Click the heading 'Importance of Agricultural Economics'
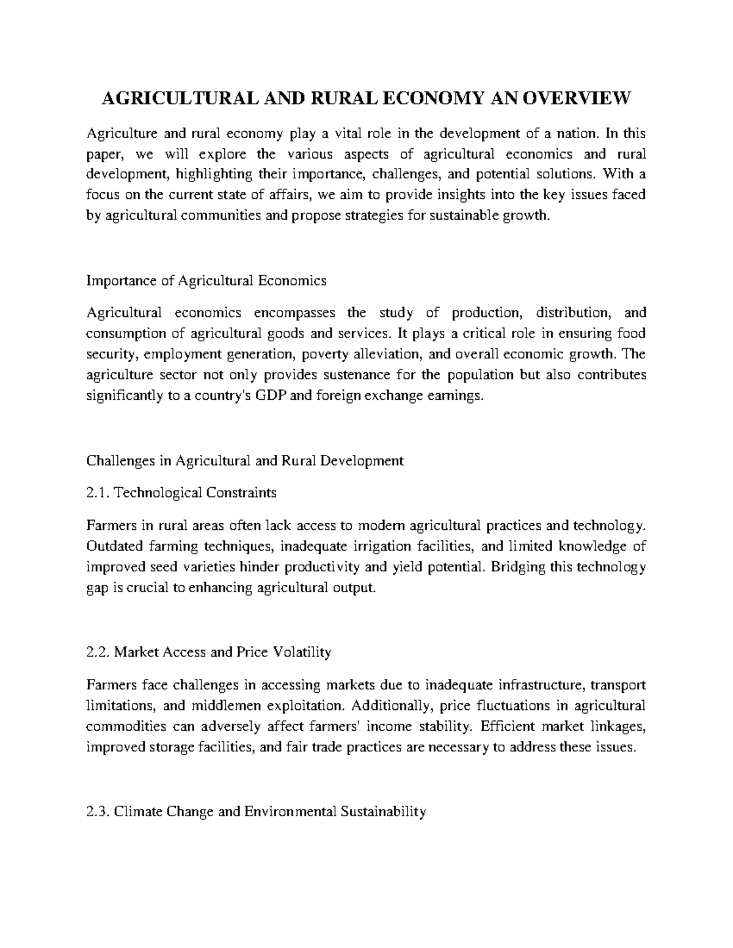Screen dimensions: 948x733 pos(206,281)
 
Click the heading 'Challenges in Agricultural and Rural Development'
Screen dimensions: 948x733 pos(245,461)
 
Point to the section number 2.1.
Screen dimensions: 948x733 pos(98,493)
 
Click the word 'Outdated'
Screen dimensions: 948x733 pos(112,546)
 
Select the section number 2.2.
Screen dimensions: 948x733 pos(98,653)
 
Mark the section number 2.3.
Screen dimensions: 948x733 pos(98,812)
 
